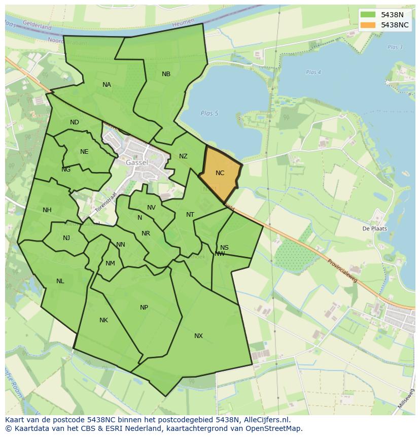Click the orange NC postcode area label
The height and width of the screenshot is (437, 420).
(220, 173)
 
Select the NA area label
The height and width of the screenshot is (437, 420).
(107, 85)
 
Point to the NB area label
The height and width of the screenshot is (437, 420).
(166, 74)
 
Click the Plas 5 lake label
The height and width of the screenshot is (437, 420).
(209, 113)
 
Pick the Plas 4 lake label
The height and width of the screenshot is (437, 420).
(313, 73)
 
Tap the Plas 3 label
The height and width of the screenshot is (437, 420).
(395, 47)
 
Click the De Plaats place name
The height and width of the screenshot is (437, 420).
(374, 228)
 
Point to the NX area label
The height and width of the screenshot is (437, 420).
(198, 336)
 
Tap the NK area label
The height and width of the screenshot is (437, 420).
(103, 320)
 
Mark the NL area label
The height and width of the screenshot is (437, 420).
(60, 281)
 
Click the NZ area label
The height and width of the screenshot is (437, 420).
(183, 156)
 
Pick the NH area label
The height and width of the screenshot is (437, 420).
(47, 210)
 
